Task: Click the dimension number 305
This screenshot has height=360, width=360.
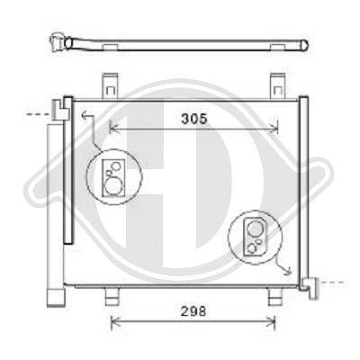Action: pyautogui.click(x=194, y=119)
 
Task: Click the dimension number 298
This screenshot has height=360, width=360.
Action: pyautogui.click(x=193, y=311)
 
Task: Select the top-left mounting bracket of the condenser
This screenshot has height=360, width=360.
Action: pyautogui.click(x=110, y=85)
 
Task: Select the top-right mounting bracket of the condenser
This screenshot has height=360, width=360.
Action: pyautogui.click(x=278, y=85)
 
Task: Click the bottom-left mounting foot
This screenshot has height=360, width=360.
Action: pyautogui.click(x=112, y=296)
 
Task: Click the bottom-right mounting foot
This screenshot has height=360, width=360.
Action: pyautogui.click(x=274, y=296)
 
